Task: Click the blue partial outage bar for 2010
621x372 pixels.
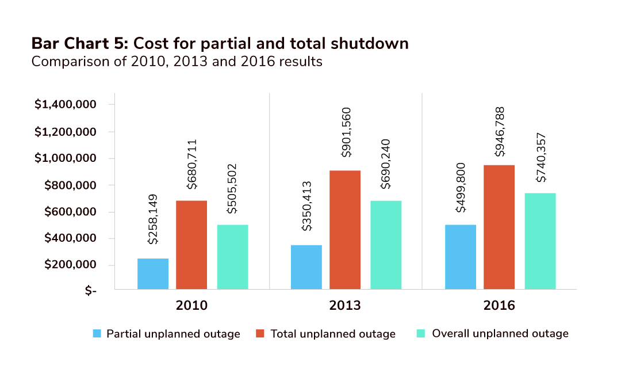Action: pos(153,274)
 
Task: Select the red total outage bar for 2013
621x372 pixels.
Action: pos(345,230)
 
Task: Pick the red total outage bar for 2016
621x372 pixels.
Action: pos(499,227)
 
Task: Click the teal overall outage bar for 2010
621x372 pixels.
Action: pos(232,257)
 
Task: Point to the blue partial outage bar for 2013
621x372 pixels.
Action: pos(306,267)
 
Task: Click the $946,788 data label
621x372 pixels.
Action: pos(499,132)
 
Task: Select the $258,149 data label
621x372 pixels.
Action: pos(153,219)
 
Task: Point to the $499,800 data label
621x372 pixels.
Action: pos(461,188)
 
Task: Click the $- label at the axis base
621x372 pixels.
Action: pos(91,291)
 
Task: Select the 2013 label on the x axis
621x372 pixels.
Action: pos(345,305)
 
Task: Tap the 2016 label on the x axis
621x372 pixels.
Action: pos(499,305)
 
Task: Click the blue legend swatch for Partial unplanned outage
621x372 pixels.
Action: pos(97,333)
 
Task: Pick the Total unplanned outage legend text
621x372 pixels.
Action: pos(333,334)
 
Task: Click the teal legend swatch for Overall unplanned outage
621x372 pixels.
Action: pos(420,333)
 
